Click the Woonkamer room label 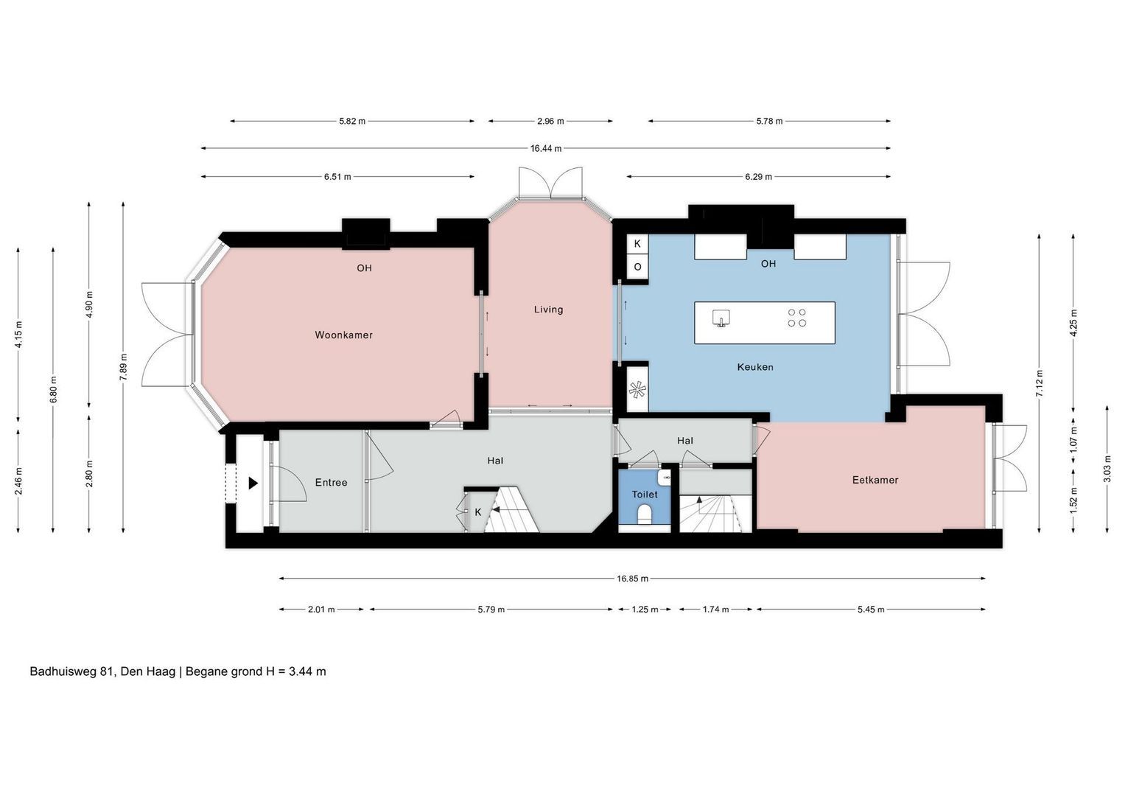click(x=343, y=335)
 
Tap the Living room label click(x=548, y=310)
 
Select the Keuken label click(x=755, y=367)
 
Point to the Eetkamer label click(x=875, y=480)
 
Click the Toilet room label click(x=645, y=495)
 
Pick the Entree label click(x=331, y=483)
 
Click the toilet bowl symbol click(x=644, y=514)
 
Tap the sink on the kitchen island click(x=721, y=318)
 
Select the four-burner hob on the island click(x=796, y=318)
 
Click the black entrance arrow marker click(x=253, y=483)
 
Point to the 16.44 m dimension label click(x=546, y=149)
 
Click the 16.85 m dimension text click(x=632, y=579)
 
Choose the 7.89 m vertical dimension click(x=124, y=367)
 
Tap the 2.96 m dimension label click(x=550, y=121)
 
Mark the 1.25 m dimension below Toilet click(x=645, y=610)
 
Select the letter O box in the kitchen click(x=637, y=267)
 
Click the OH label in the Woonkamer click(x=364, y=268)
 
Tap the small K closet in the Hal click(x=477, y=512)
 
